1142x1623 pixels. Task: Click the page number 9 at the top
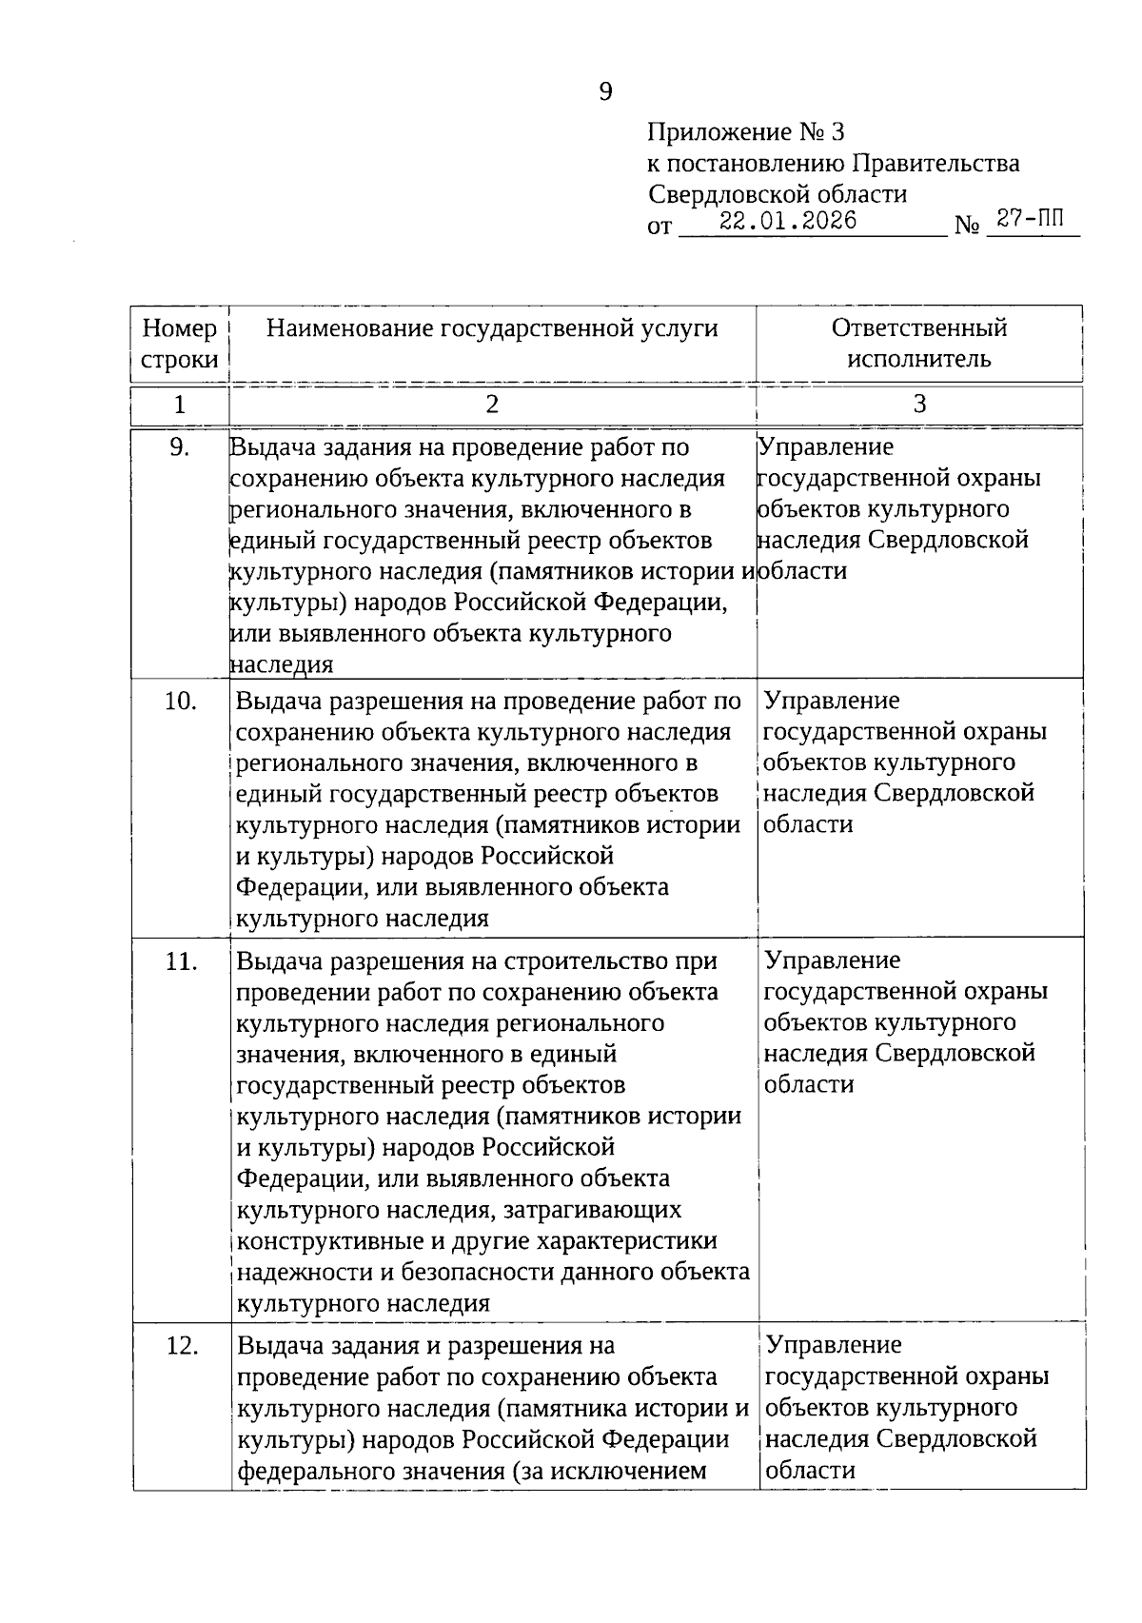click(x=606, y=92)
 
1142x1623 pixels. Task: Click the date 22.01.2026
click(x=787, y=221)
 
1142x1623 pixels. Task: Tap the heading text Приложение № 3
click(x=746, y=132)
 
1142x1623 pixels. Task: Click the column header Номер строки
click(x=179, y=344)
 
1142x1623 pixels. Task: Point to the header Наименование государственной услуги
click(x=492, y=328)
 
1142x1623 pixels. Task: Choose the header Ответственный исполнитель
click(x=918, y=344)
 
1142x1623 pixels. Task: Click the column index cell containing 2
click(x=492, y=405)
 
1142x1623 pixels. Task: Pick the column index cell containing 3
click(x=919, y=405)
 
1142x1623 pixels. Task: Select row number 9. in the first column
click(x=179, y=447)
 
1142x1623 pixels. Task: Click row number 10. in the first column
click(x=180, y=702)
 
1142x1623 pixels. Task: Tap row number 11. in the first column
click(x=181, y=962)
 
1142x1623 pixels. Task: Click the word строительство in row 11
click(x=585, y=962)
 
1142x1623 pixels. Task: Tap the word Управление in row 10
click(x=831, y=702)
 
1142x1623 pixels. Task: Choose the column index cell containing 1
click(x=179, y=405)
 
